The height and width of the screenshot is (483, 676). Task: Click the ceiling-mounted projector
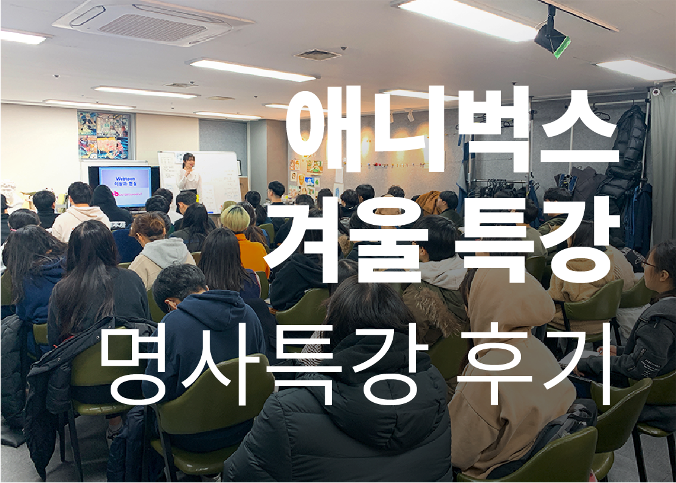pyautogui.click(x=552, y=37)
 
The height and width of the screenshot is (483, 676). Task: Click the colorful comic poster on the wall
pyautogui.click(x=105, y=135)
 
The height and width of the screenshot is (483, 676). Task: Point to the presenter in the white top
pyautogui.click(x=189, y=177)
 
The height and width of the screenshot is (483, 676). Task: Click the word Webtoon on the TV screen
pyautogui.click(x=125, y=179)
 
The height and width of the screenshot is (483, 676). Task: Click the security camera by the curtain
pyautogui.click(x=656, y=91)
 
